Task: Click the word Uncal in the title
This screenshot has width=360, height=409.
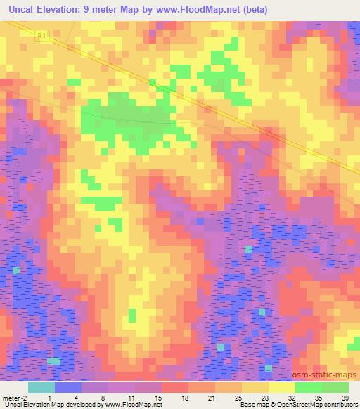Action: click(x=19, y=9)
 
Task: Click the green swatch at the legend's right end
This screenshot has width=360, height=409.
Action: click(x=335, y=387)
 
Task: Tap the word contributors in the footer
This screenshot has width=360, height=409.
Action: click(x=337, y=405)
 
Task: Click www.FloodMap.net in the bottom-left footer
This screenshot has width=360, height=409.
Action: click(x=133, y=405)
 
